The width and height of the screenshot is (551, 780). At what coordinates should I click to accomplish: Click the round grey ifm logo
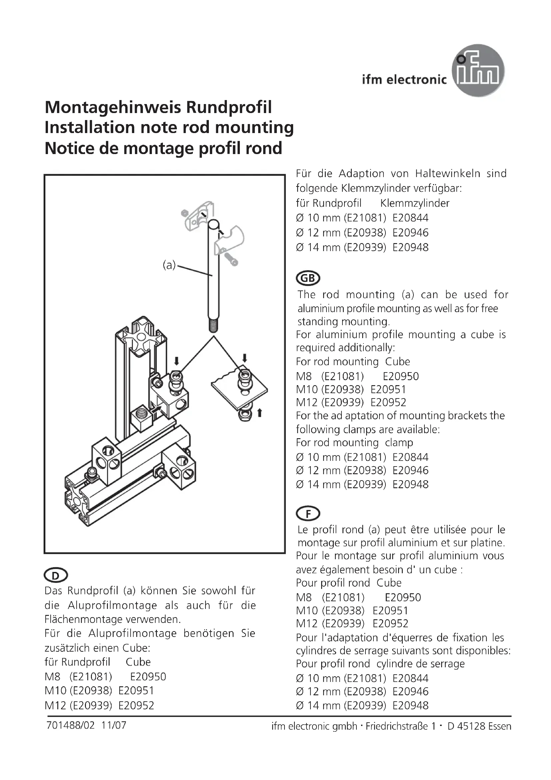click(478, 71)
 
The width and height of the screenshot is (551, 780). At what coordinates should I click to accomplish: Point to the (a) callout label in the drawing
click(169, 265)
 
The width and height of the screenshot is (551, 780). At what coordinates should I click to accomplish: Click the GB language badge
click(308, 278)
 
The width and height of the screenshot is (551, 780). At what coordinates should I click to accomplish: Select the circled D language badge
click(56, 576)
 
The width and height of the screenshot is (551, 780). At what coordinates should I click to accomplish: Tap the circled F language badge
click(308, 514)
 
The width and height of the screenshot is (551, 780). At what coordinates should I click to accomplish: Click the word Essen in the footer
click(499, 726)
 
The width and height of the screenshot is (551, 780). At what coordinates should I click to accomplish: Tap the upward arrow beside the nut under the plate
click(260, 413)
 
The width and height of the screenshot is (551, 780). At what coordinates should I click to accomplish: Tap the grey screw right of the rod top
click(231, 260)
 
